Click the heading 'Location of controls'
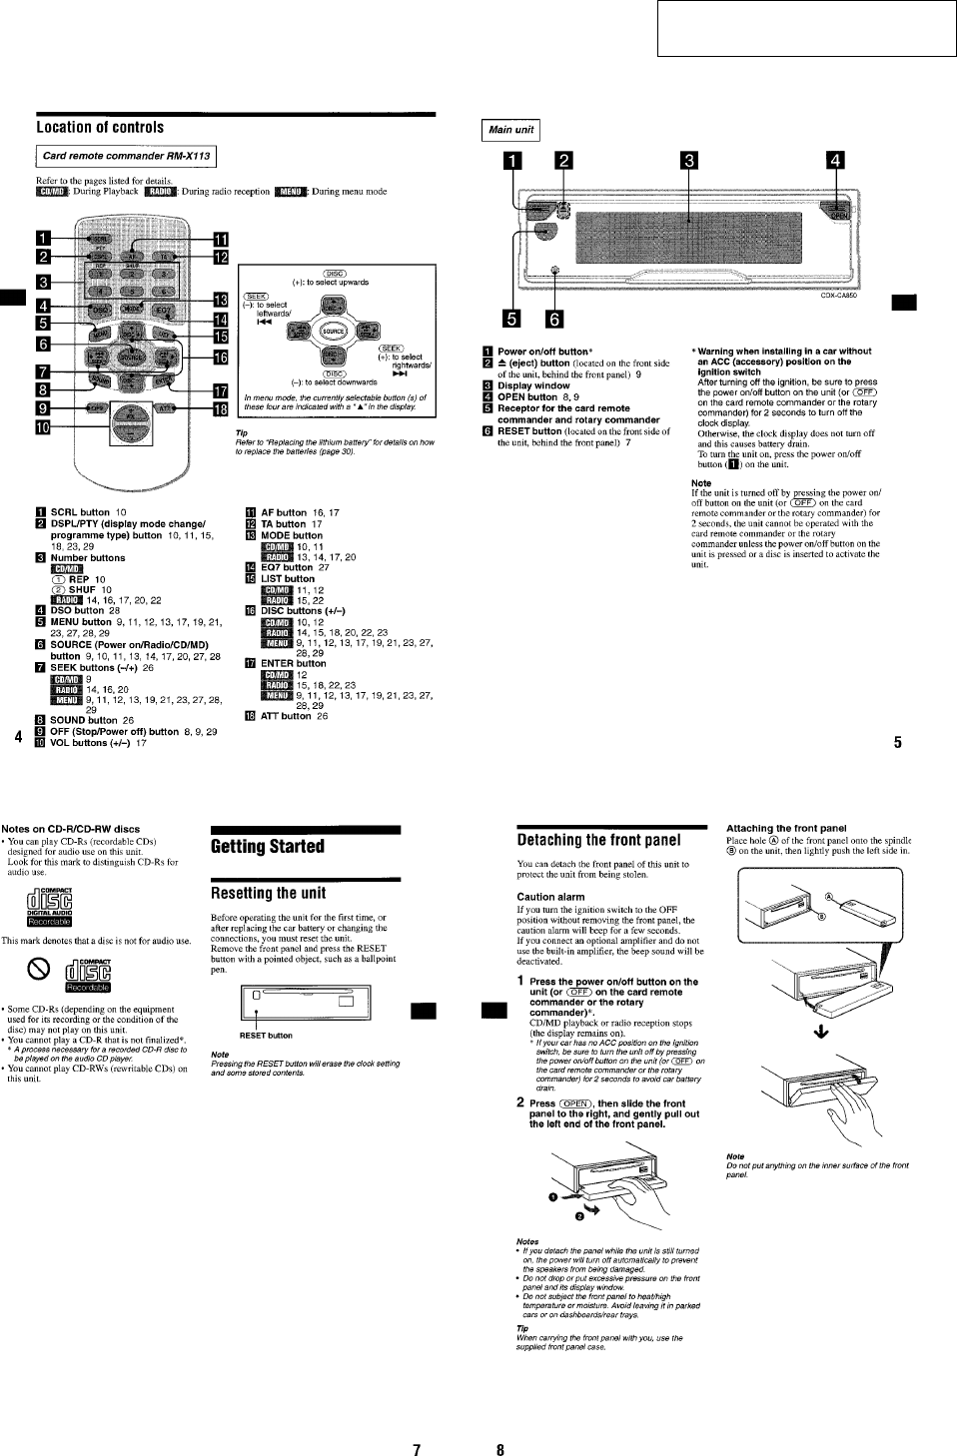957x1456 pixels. tap(100, 128)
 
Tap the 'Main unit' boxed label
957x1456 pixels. tap(510, 130)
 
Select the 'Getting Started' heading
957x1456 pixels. tap(268, 847)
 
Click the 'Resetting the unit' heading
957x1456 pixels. tap(268, 893)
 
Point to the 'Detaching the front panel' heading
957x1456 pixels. tap(598, 841)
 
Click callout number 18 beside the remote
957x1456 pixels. tap(221, 407)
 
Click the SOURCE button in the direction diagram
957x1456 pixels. tap(333, 332)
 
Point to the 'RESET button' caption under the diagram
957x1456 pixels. tap(266, 1036)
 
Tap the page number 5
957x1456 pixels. tap(897, 742)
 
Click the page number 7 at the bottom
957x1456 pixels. tap(417, 1449)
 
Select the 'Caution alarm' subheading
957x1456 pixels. tap(550, 897)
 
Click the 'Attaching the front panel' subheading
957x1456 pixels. tap(785, 828)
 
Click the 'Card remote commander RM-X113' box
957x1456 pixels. tap(126, 156)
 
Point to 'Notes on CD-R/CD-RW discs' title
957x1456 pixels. tap(70, 829)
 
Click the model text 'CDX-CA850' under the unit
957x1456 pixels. tap(838, 296)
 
